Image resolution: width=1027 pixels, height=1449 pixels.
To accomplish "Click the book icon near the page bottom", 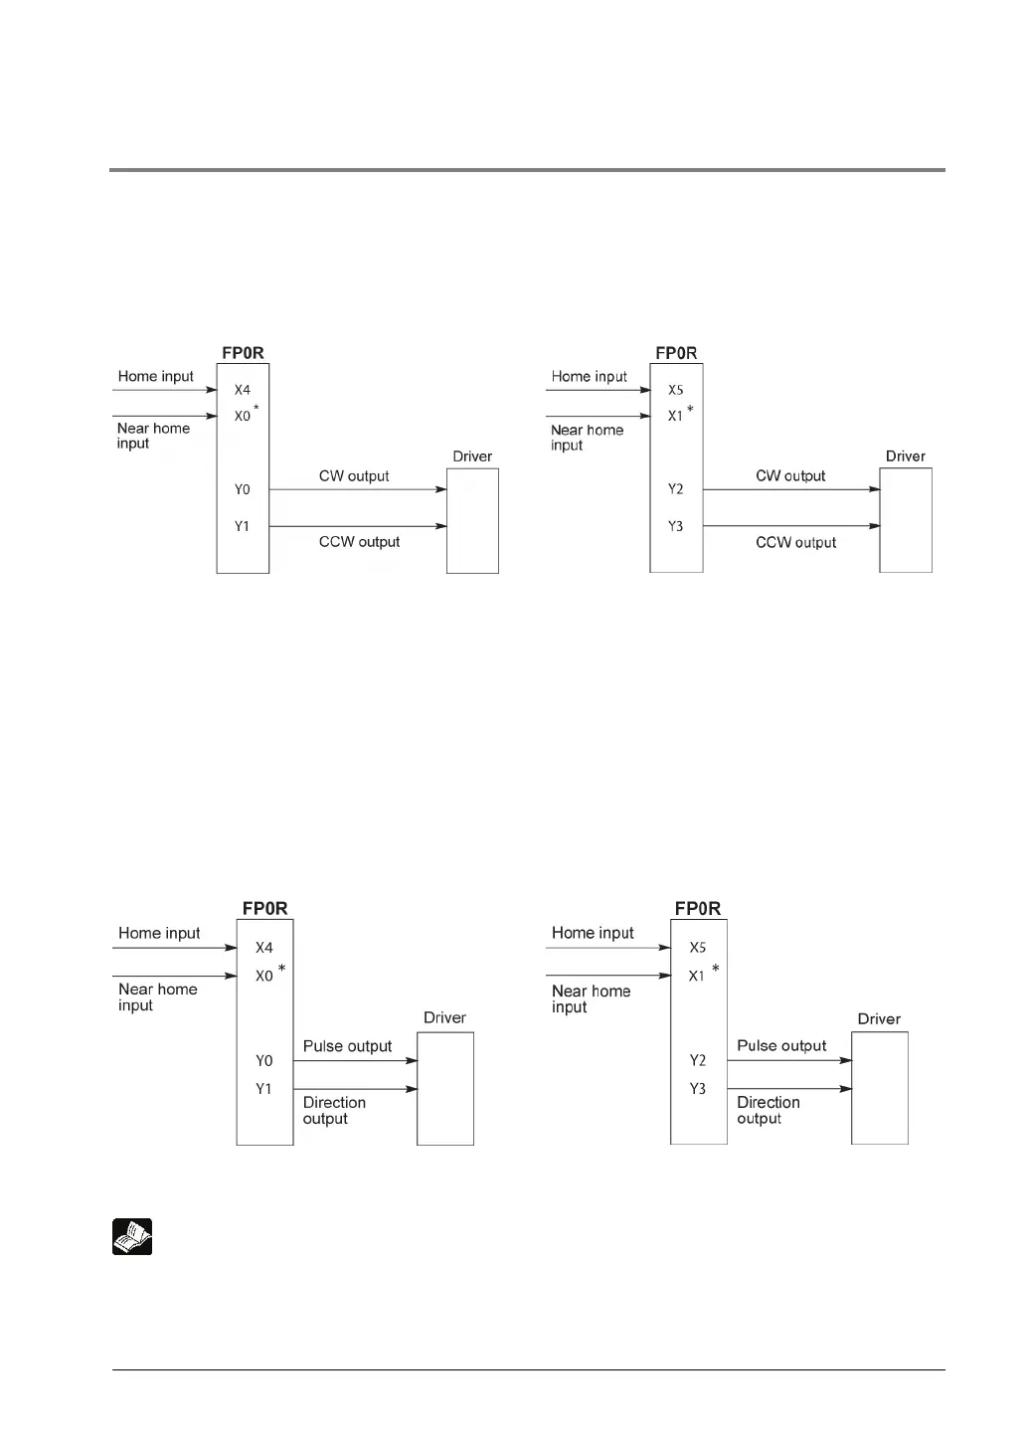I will coord(131,1236).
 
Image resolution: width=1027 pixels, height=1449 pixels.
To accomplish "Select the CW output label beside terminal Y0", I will coord(354,476).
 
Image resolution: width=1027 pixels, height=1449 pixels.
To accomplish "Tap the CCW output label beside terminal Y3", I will coord(795,543).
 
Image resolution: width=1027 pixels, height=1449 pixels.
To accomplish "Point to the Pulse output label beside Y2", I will coord(781,1046).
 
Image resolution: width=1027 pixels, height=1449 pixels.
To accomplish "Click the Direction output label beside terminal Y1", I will coord(334,1111).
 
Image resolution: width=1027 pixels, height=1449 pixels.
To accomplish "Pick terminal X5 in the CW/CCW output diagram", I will coord(675,391).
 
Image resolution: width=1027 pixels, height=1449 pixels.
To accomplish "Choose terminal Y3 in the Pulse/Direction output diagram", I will coord(697,1089).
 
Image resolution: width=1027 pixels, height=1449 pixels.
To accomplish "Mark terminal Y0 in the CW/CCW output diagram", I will coord(242,489).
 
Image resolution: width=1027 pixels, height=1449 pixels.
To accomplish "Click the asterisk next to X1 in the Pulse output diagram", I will coord(716,969).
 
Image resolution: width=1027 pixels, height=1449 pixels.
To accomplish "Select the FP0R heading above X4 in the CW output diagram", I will coord(243,353).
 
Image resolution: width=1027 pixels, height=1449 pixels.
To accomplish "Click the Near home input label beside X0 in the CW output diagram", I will coord(153,436).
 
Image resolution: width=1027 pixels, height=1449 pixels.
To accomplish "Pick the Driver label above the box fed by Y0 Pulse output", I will coord(444,1018).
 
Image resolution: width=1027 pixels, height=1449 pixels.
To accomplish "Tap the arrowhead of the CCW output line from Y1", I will coord(440,526).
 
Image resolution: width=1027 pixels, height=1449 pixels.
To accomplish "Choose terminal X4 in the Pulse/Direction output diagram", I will coord(263,948).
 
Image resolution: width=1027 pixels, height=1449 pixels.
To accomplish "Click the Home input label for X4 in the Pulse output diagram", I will coord(159,933).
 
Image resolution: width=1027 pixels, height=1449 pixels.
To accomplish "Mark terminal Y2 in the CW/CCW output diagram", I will coord(675,489).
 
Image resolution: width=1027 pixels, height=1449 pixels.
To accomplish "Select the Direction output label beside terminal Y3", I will coord(768,1111).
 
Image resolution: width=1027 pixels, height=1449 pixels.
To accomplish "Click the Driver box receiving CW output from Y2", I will coord(905,520).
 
